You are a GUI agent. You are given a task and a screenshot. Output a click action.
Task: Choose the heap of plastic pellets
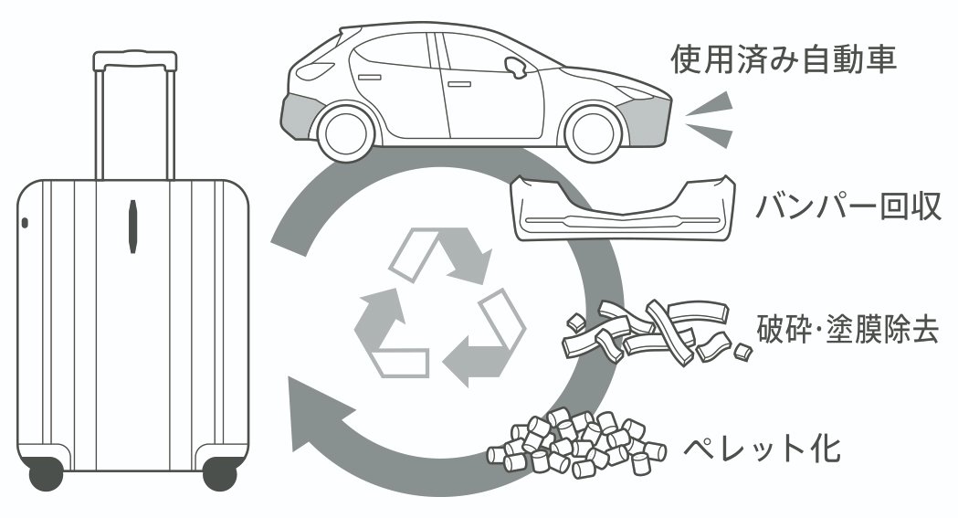tap(576, 444)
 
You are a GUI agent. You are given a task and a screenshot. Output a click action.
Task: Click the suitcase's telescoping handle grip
tap(134, 60)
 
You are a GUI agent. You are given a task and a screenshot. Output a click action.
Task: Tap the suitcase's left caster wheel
tap(46, 472)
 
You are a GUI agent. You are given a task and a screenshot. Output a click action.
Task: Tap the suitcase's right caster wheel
tap(219, 472)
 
